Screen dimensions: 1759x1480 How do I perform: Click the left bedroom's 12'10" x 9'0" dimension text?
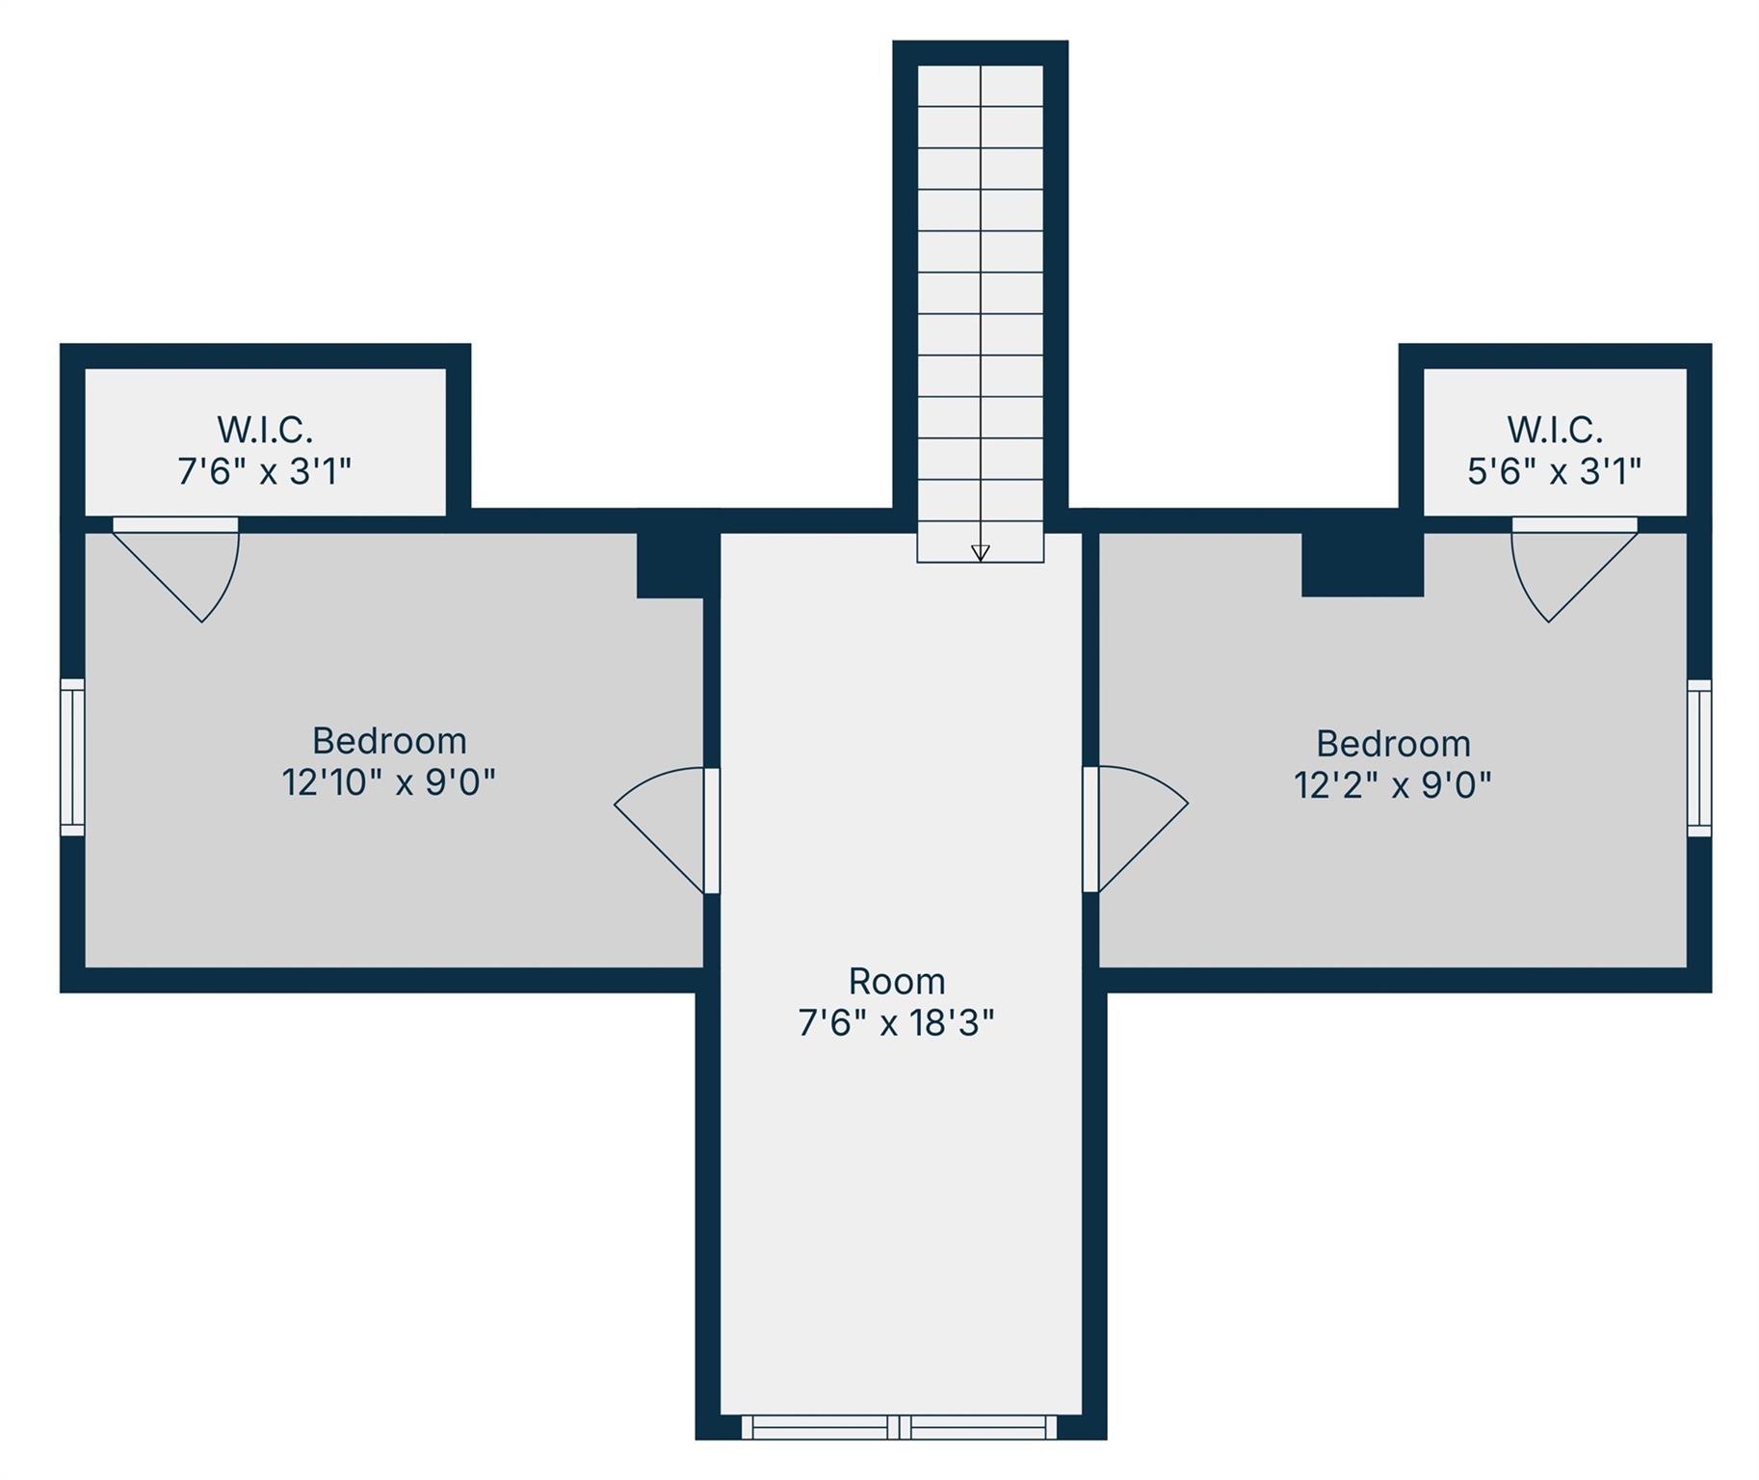click(x=388, y=781)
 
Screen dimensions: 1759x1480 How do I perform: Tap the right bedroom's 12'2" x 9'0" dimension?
click(x=1393, y=784)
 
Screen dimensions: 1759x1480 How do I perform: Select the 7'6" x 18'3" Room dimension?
click(x=896, y=1022)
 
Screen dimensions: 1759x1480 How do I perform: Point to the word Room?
click(x=897, y=981)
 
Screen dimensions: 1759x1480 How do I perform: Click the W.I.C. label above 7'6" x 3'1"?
click(x=265, y=429)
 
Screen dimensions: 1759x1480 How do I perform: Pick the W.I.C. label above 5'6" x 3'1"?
click(x=1555, y=429)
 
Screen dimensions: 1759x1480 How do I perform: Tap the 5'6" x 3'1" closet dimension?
click(x=1554, y=471)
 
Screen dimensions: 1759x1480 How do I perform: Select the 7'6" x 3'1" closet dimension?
click(x=265, y=471)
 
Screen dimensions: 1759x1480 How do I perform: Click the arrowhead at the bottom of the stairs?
click(x=980, y=553)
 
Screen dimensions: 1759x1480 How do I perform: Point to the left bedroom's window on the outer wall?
click(x=72, y=757)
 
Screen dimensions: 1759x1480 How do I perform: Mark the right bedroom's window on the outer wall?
click(x=1699, y=757)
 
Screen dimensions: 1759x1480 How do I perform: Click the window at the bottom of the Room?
click(x=900, y=1427)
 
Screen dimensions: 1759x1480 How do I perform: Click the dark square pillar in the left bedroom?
click(x=670, y=566)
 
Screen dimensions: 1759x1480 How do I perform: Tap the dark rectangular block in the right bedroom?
click(x=1362, y=565)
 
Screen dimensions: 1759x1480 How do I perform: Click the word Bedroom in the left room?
click(x=389, y=741)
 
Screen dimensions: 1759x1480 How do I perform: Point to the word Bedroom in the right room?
click(x=1393, y=744)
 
